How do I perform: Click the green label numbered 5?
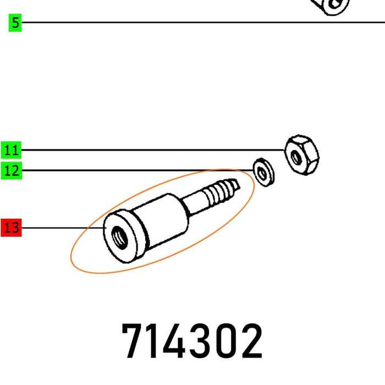(x=15, y=23)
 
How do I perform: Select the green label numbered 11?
(x=11, y=150)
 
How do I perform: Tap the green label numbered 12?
(x=11, y=170)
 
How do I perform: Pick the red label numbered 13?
(x=11, y=227)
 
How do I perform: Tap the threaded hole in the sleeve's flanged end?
(x=117, y=238)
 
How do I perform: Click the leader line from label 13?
(x=61, y=227)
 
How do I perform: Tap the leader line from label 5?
(x=165, y=23)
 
